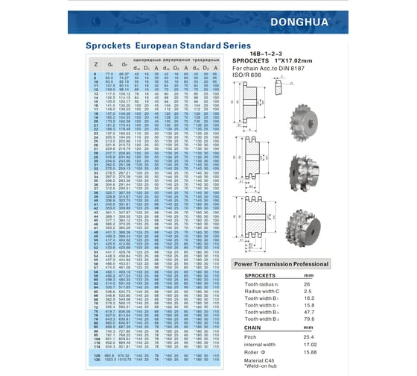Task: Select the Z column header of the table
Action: coord(95,67)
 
